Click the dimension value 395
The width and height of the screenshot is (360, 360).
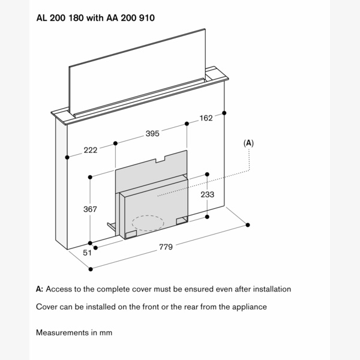[x=152, y=134]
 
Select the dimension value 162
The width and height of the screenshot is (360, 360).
[x=206, y=118]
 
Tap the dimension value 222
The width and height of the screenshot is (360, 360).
[x=90, y=150]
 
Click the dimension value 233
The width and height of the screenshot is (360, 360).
[x=207, y=194]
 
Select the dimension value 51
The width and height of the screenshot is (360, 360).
[x=87, y=253]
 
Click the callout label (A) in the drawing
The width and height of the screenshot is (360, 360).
[x=248, y=143]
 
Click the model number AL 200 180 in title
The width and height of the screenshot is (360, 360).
[x=58, y=18]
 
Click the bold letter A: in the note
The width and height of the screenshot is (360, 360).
[x=40, y=289]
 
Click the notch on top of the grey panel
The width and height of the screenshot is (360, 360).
[x=161, y=160]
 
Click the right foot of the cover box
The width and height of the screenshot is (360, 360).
[x=181, y=221]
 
